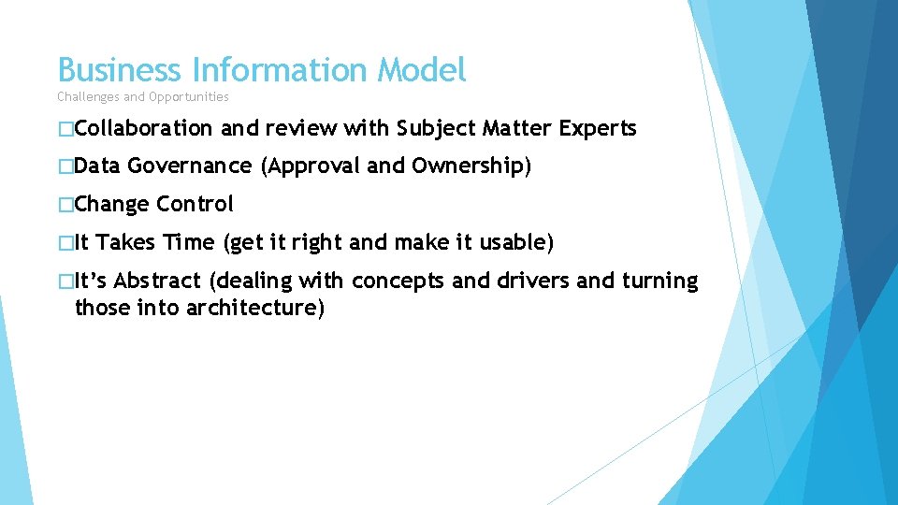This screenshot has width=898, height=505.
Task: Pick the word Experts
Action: coord(598,129)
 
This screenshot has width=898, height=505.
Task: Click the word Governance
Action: coord(190,166)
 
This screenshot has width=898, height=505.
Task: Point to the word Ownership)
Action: coord(471,166)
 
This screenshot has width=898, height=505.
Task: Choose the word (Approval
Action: coord(311,166)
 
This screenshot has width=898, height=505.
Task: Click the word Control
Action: coord(196,204)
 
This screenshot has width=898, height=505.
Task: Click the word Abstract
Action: coord(157,281)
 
